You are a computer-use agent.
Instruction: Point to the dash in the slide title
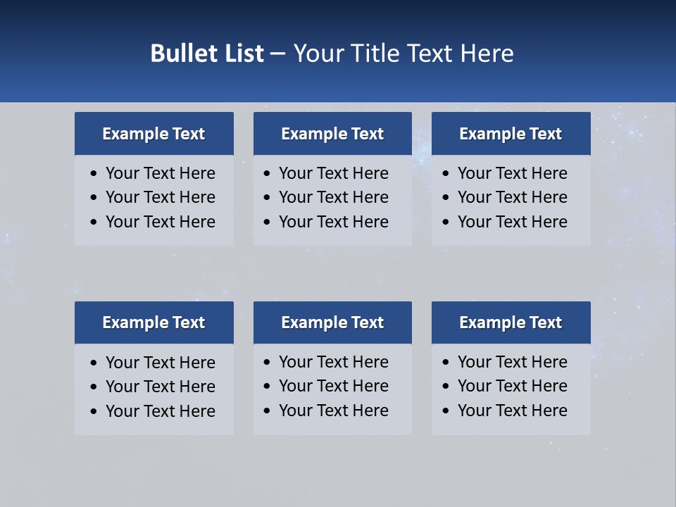(277, 54)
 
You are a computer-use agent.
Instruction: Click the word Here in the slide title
(487, 54)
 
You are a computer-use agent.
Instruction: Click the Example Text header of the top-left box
(154, 134)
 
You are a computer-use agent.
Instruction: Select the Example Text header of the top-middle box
(332, 134)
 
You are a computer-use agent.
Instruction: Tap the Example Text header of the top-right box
(511, 134)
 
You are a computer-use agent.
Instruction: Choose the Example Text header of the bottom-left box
(154, 323)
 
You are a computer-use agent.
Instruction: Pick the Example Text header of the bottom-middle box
(332, 323)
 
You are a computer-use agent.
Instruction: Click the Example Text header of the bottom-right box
(511, 323)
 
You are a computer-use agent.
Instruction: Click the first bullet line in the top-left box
(160, 173)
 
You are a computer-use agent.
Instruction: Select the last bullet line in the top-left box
(160, 222)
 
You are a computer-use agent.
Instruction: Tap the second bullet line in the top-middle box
(333, 197)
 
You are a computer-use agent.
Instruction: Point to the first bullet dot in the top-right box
(446, 174)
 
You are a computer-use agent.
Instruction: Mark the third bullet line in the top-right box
(512, 222)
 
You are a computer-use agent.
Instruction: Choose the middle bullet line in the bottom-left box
(160, 387)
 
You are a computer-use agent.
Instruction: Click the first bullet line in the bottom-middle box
(333, 362)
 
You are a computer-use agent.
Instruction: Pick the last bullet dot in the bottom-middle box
(267, 411)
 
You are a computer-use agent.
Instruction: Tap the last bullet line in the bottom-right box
(512, 411)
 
